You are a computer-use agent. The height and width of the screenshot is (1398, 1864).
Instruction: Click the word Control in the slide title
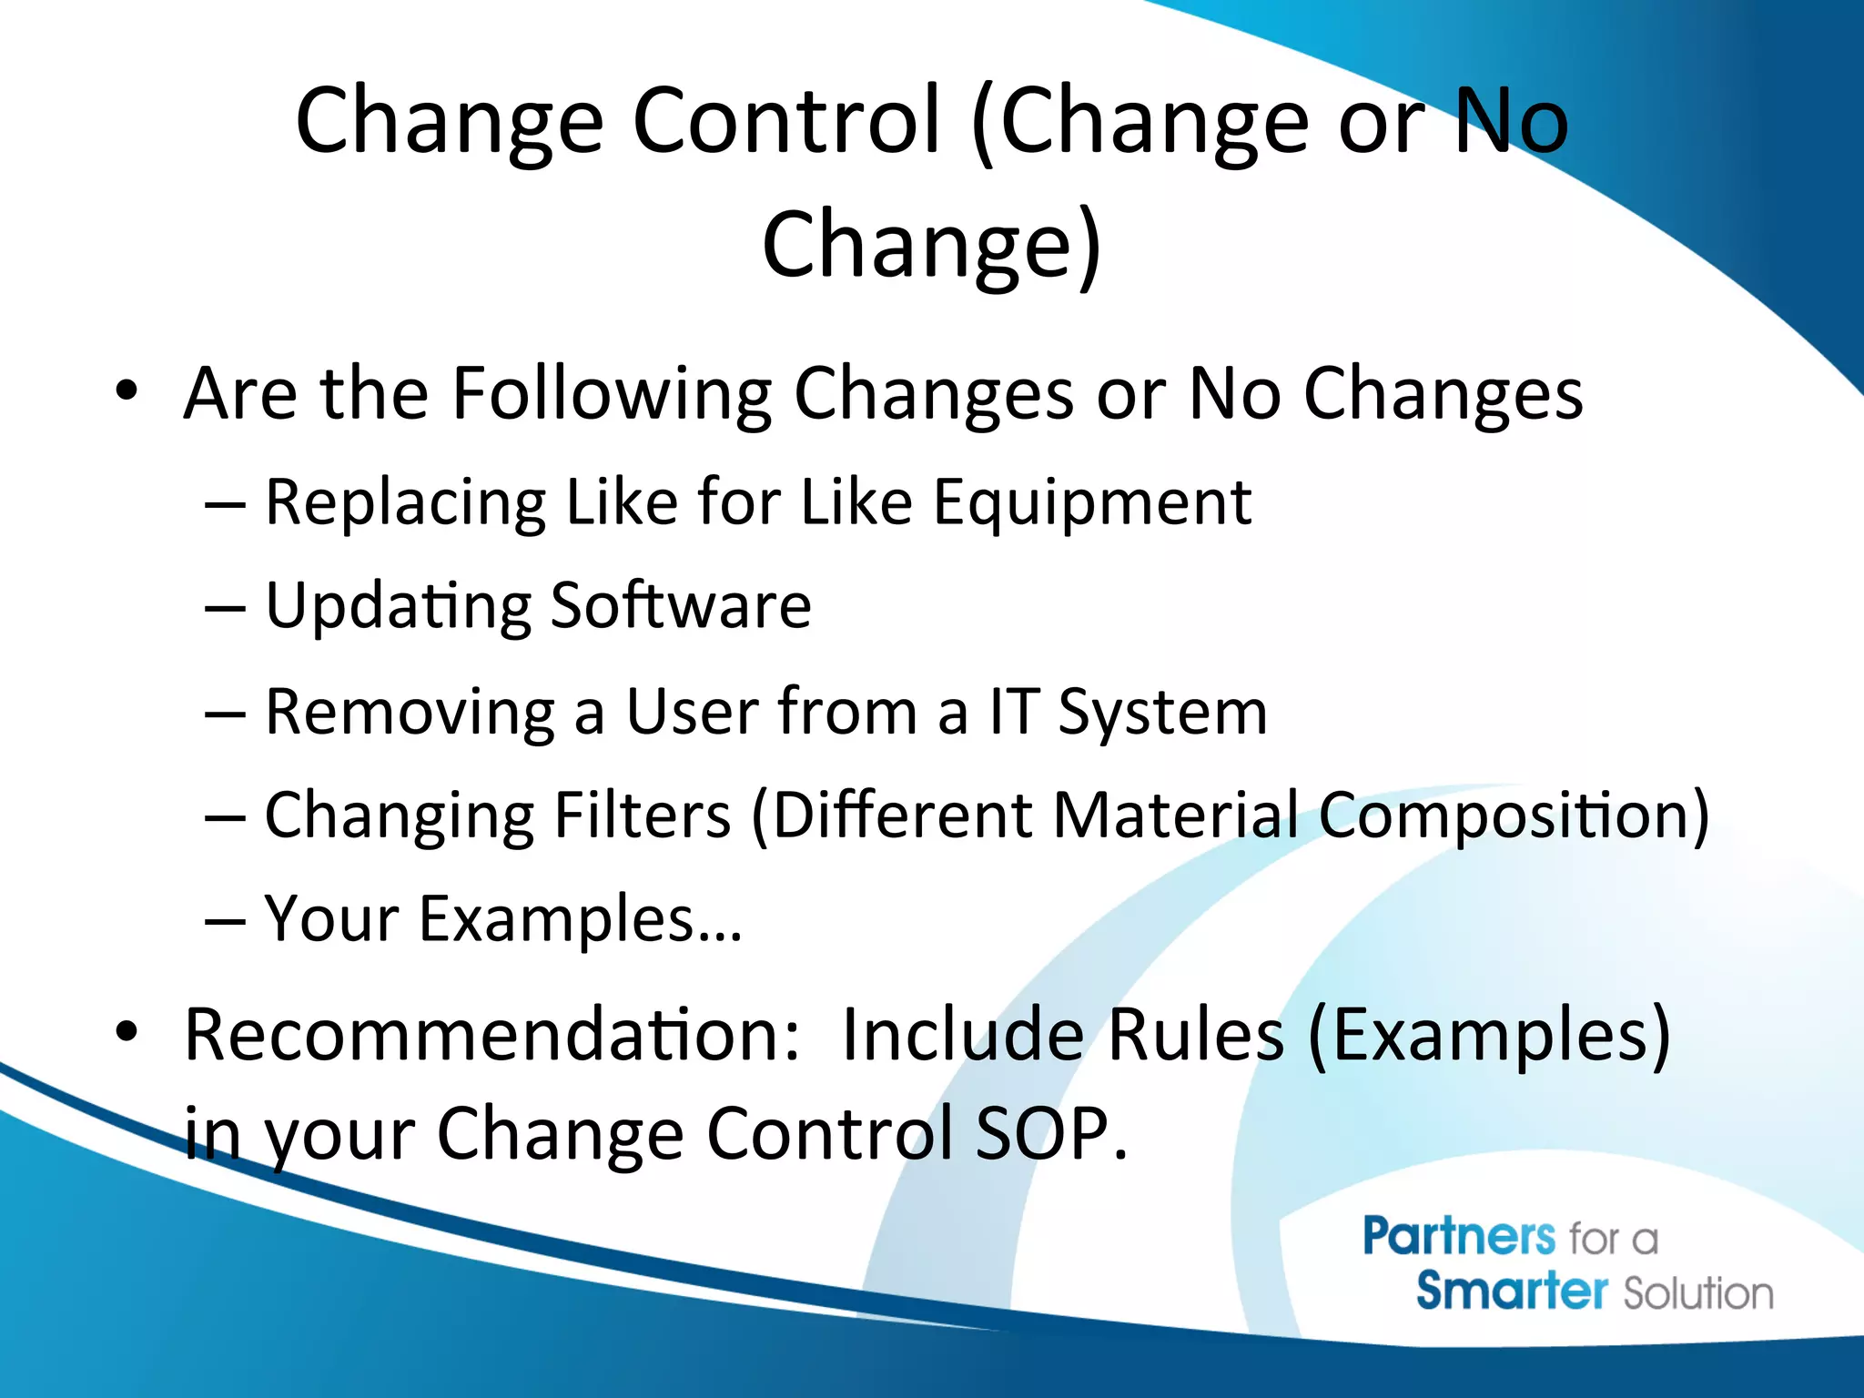click(786, 121)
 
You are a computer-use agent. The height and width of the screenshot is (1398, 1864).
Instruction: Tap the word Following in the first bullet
click(612, 394)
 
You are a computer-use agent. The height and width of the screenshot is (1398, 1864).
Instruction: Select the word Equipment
click(1092, 503)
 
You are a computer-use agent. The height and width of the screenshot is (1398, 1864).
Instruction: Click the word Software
click(681, 606)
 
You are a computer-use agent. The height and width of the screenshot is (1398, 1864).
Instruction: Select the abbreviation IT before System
click(1014, 711)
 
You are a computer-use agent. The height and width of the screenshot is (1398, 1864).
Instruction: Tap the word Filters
click(643, 815)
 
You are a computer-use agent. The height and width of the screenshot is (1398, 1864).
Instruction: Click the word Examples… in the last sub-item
click(581, 919)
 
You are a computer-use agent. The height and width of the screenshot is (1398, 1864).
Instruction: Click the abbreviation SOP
click(1050, 1134)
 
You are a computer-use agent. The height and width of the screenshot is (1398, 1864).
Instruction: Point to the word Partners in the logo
click(1459, 1238)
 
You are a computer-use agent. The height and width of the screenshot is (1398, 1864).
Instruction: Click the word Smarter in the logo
click(1512, 1292)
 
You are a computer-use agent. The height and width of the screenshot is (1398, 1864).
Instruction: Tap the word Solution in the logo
click(1698, 1293)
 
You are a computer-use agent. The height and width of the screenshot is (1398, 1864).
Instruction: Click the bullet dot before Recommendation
click(127, 1032)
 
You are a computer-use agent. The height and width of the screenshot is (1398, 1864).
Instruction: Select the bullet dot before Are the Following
click(127, 391)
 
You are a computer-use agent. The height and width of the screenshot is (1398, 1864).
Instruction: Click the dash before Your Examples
click(225, 921)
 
